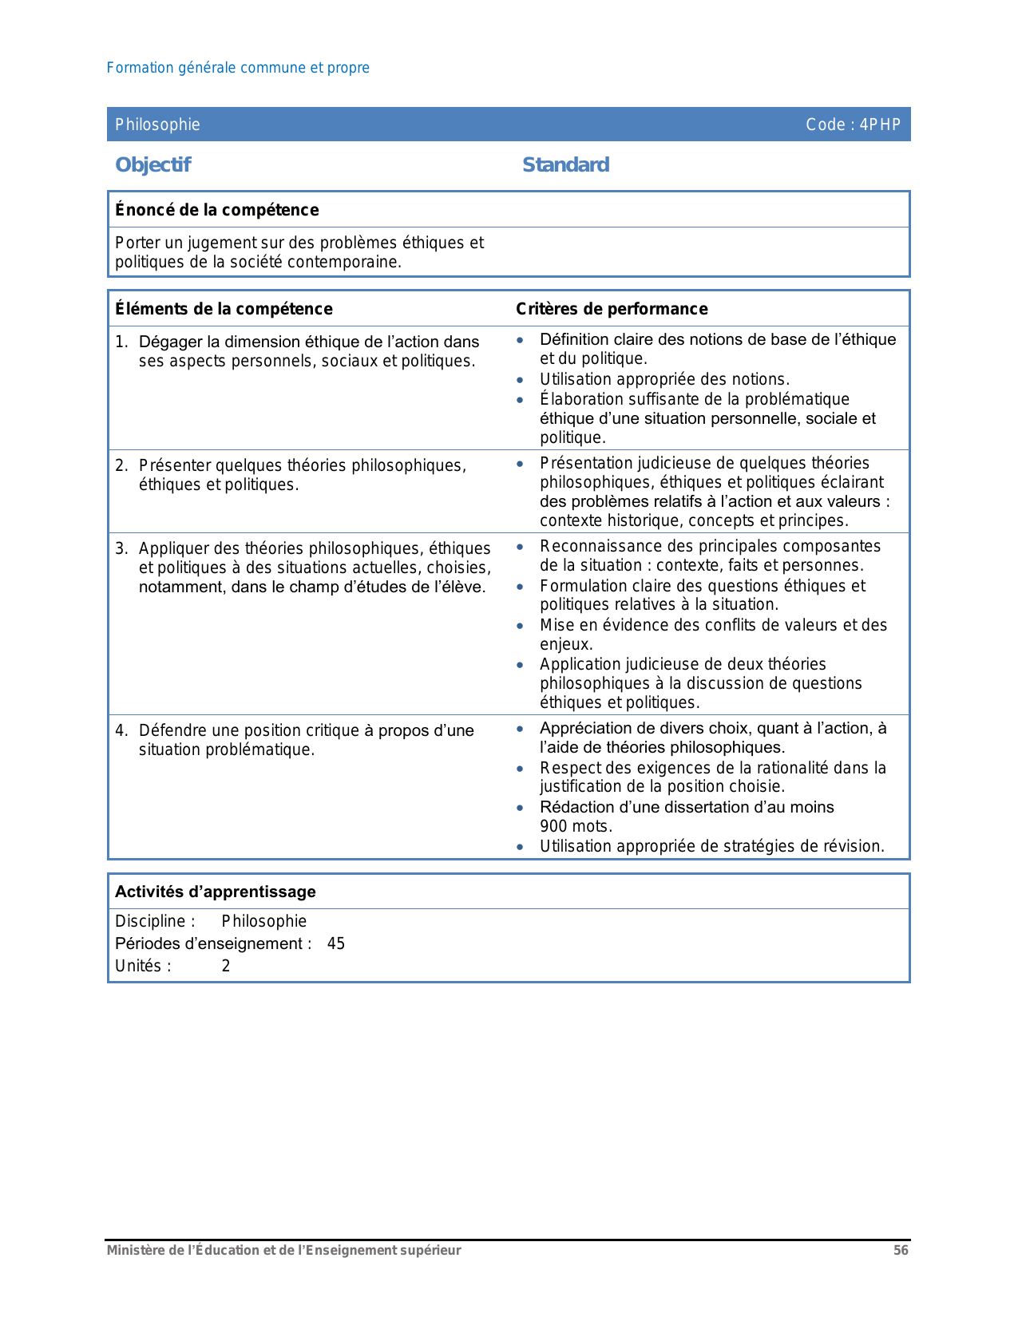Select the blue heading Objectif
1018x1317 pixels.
(153, 165)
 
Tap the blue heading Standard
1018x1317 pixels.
(565, 165)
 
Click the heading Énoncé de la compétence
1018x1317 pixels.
(216, 210)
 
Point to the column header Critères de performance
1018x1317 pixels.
(612, 309)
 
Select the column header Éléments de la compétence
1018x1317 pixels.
(224, 309)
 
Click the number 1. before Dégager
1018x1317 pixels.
(121, 342)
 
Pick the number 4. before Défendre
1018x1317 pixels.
(121, 730)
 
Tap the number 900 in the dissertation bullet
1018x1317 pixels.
(553, 826)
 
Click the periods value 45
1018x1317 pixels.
(336, 943)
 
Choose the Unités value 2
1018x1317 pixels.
(226, 966)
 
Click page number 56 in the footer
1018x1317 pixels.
(901, 1251)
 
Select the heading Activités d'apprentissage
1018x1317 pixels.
(215, 892)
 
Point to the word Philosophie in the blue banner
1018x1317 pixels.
(157, 125)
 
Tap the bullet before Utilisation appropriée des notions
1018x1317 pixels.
(520, 380)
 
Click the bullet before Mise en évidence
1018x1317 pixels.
(520, 626)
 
